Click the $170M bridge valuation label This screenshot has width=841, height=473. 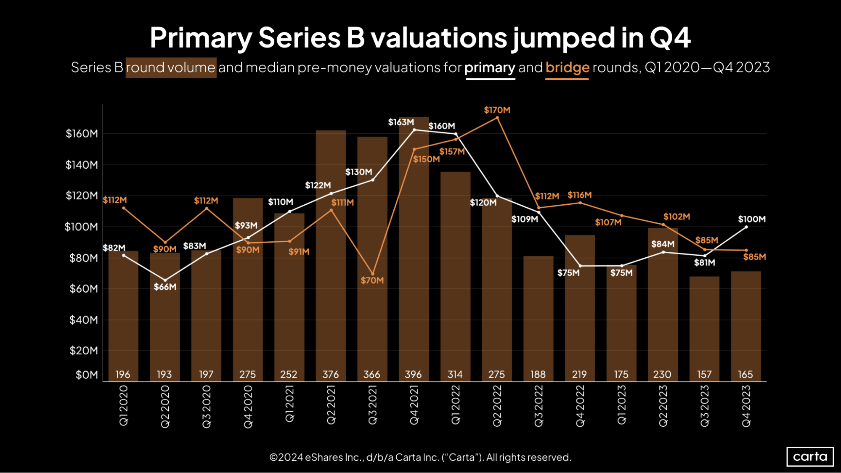pyautogui.click(x=497, y=110)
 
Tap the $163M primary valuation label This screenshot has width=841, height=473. pyautogui.click(x=401, y=122)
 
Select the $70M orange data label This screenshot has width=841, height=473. pyautogui.click(x=372, y=280)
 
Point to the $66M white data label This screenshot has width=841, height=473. pyautogui.click(x=165, y=287)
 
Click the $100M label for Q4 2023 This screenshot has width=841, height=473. pyautogui.click(x=751, y=219)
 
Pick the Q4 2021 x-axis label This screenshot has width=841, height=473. pyautogui.click(x=414, y=406)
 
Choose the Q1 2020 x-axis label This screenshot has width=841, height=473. pyautogui.click(x=123, y=406)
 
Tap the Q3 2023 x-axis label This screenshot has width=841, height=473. pyautogui.click(x=705, y=406)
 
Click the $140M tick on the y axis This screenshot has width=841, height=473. pyautogui.click(x=82, y=165)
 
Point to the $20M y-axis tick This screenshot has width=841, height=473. pyautogui.click(x=84, y=351)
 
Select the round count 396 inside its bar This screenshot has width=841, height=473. pyautogui.click(x=413, y=374)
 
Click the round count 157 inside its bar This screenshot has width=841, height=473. pyautogui.click(x=704, y=374)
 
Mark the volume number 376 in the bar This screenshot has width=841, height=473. pyautogui.click(x=330, y=374)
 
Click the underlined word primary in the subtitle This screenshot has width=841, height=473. pyautogui.click(x=490, y=67)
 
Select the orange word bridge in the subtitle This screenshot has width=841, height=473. pyautogui.click(x=567, y=67)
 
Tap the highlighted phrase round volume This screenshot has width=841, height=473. pyautogui.click(x=171, y=67)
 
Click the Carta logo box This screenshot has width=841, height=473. pyautogui.click(x=810, y=457)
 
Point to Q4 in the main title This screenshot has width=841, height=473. pyautogui.click(x=670, y=38)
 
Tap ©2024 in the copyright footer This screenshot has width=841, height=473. pyautogui.click(x=286, y=457)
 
